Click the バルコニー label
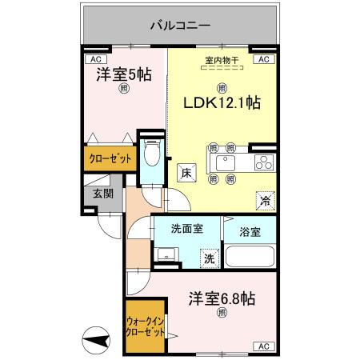pos(180,25)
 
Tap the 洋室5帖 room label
pos(124,74)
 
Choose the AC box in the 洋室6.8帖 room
pos(262,346)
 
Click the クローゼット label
pos(109,158)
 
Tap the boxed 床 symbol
pos(185,173)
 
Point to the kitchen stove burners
pos(262,163)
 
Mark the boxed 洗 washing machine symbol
pos(207,258)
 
